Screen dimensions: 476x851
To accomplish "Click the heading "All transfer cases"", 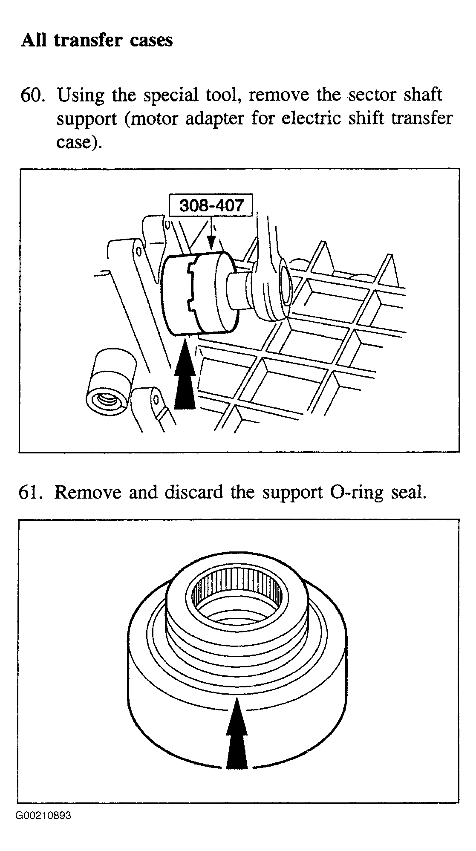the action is click(x=97, y=40).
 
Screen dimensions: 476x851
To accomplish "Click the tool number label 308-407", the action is click(x=211, y=205).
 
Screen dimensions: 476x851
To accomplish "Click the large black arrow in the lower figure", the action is click(x=237, y=733).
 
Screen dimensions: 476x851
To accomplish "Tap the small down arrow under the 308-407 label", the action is click(x=211, y=233).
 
